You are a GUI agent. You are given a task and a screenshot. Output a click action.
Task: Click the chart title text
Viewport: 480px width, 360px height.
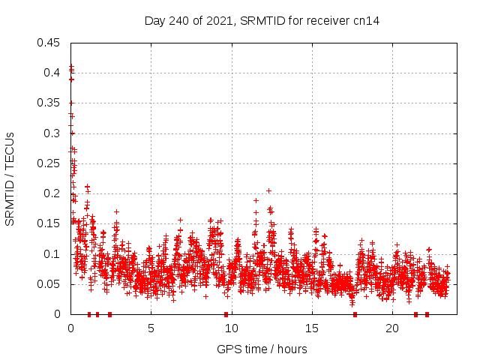coord(262,21)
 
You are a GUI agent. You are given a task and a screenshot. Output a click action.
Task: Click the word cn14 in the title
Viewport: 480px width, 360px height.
coord(367,21)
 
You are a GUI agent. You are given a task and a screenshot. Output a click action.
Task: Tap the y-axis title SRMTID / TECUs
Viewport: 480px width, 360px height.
coord(10,178)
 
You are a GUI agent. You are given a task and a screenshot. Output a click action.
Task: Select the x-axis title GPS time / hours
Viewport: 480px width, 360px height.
coord(262,349)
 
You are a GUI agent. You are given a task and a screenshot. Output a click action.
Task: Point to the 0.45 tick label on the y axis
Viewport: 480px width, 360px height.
coord(49,42)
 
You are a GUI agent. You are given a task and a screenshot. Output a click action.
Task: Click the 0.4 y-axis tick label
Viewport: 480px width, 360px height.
coord(52,73)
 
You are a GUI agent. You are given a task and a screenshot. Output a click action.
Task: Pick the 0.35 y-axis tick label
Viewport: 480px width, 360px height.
coord(49,103)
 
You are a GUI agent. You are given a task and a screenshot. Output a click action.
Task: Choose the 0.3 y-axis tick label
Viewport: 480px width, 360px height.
coord(52,133)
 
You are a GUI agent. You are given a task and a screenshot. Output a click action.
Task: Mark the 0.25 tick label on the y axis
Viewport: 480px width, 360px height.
coord(49,163)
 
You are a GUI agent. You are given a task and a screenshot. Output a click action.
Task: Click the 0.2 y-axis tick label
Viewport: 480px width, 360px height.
coord(52,193)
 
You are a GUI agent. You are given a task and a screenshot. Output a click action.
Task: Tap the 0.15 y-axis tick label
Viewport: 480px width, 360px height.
coord(49,223)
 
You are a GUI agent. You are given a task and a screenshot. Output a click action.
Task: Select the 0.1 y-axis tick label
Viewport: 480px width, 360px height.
coord(52,254)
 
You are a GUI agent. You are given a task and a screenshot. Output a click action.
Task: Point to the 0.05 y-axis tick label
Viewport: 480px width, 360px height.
coord(49,284)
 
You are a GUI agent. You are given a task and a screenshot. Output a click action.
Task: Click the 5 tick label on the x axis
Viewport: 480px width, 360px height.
coord(151,329)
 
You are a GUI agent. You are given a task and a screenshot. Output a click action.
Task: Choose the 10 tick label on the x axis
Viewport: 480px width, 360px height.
coord(231,329)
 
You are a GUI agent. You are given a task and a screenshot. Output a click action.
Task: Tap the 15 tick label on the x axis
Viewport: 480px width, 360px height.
coord(312,329)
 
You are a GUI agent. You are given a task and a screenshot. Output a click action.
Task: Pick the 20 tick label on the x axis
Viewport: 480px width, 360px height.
coord(392,329)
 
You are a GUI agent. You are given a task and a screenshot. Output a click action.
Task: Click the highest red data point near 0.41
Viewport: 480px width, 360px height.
coord(71,67)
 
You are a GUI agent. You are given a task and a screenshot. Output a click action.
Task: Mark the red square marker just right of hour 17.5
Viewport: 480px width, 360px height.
coord(355,314)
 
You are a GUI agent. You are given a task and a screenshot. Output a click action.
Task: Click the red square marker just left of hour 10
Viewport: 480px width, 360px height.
coord(226,314)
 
